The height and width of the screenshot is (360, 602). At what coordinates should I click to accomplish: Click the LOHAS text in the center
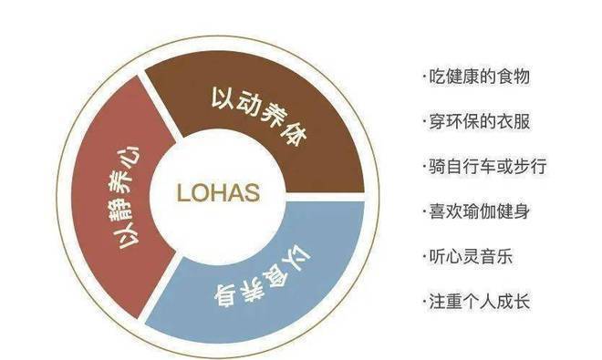218,192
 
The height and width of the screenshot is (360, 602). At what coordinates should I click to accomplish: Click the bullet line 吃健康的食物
476,77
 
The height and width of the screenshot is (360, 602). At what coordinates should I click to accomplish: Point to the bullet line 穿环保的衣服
476,121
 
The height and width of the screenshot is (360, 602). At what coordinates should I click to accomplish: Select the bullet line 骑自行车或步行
484,167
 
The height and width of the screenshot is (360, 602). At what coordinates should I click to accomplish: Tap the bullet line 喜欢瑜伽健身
476,211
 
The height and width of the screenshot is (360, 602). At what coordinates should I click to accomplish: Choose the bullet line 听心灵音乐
467,256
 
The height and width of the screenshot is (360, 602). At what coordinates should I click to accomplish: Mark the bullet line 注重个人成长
476,302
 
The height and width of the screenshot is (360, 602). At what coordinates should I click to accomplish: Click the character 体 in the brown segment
295,133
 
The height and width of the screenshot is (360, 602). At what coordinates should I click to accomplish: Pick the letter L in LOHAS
182,192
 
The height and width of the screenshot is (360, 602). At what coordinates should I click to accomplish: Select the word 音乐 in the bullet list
496,256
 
